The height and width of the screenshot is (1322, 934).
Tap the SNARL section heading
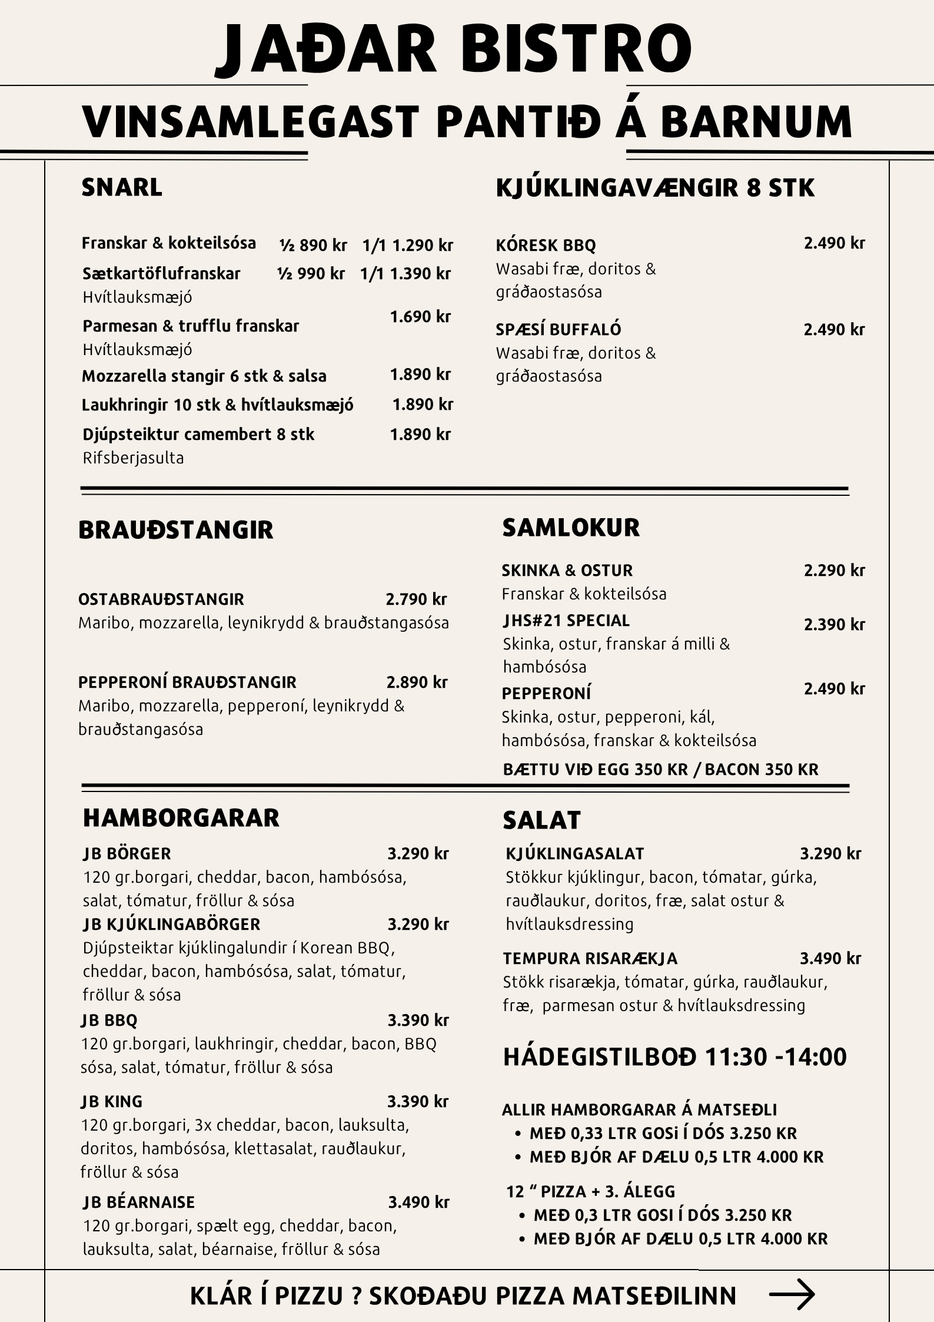coord(122,187)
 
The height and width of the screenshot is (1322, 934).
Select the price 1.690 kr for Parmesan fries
coord(420,317)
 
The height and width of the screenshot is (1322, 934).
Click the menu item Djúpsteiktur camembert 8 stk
coord(198,435)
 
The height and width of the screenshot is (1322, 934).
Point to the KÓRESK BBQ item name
coord(546,245)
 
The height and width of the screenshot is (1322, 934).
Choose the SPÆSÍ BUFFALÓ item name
coord(558,329)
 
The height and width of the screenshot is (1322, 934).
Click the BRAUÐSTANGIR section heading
coord(175,530)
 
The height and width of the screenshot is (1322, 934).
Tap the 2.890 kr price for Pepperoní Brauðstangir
coord(417,682)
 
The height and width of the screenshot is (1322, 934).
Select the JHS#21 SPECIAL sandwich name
coord(566,621)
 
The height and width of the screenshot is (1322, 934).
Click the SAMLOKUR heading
coord(570,528)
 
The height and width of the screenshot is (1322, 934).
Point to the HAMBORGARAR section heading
coord(181,818)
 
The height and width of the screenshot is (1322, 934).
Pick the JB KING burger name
coord(112,1101)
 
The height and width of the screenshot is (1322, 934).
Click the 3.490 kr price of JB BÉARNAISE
coord(418,1202)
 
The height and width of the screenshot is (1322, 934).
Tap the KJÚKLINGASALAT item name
coord(574,853)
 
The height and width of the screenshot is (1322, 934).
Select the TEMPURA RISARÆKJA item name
coord(590,959)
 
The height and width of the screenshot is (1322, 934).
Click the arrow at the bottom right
coord(792,1294)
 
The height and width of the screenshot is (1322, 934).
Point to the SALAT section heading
coord(541,820)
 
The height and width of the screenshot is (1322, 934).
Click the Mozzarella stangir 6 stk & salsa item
coord(204,376)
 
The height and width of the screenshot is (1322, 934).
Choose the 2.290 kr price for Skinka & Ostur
coord(834,570)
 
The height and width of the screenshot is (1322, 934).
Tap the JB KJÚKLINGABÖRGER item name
coord(171,925)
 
